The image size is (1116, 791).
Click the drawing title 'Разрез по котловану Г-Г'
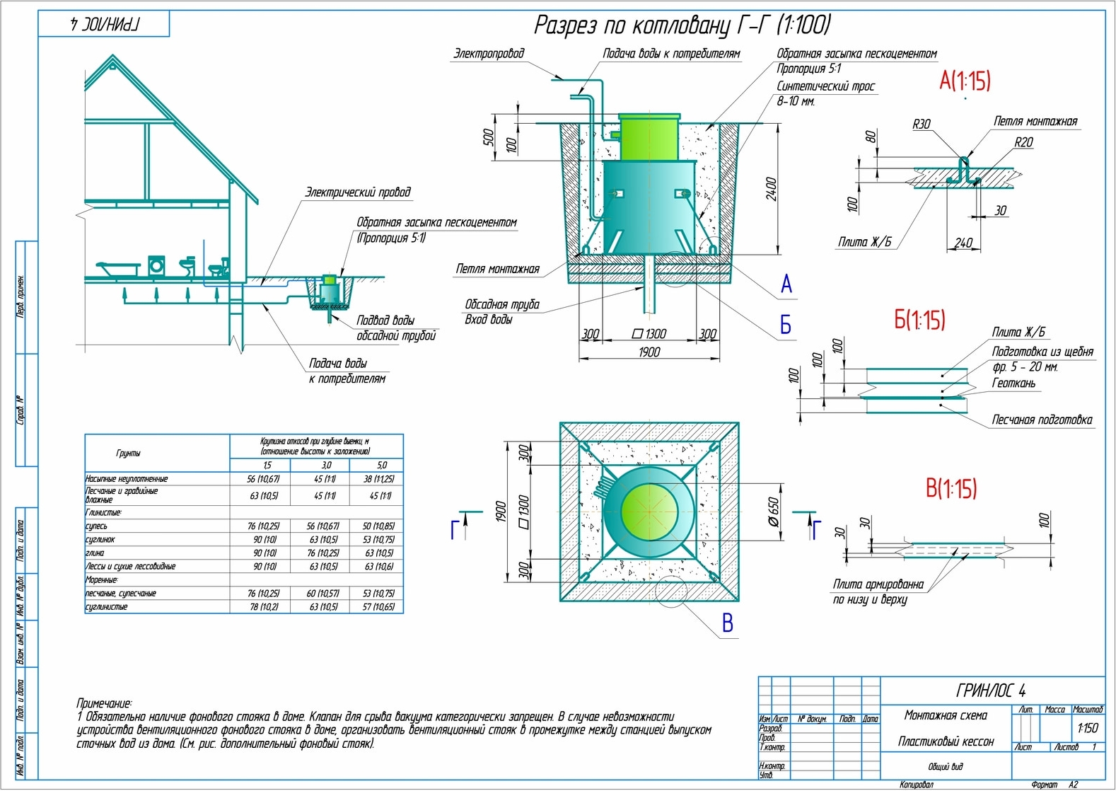(681, 25)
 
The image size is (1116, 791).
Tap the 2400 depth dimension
(772, 190)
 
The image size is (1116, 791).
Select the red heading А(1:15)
(964, 81)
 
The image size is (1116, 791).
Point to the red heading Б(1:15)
(919, 320)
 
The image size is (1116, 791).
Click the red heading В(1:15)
(951, 488)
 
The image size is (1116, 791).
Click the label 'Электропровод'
(489, 54)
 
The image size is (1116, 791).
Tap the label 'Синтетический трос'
(825, 86)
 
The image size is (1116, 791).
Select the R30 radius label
(921, 125)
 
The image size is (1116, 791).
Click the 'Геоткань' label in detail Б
(1013, 383)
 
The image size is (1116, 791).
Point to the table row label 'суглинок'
(100, 539)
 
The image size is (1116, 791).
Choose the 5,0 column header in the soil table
(381, 465)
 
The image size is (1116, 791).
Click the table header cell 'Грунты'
(128, 453)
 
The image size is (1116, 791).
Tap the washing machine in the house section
(156, 266)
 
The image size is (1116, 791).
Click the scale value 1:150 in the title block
(1087, 727)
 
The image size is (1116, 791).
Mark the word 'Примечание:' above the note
(104, 703)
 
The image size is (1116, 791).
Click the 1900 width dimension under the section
(649, 352)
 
